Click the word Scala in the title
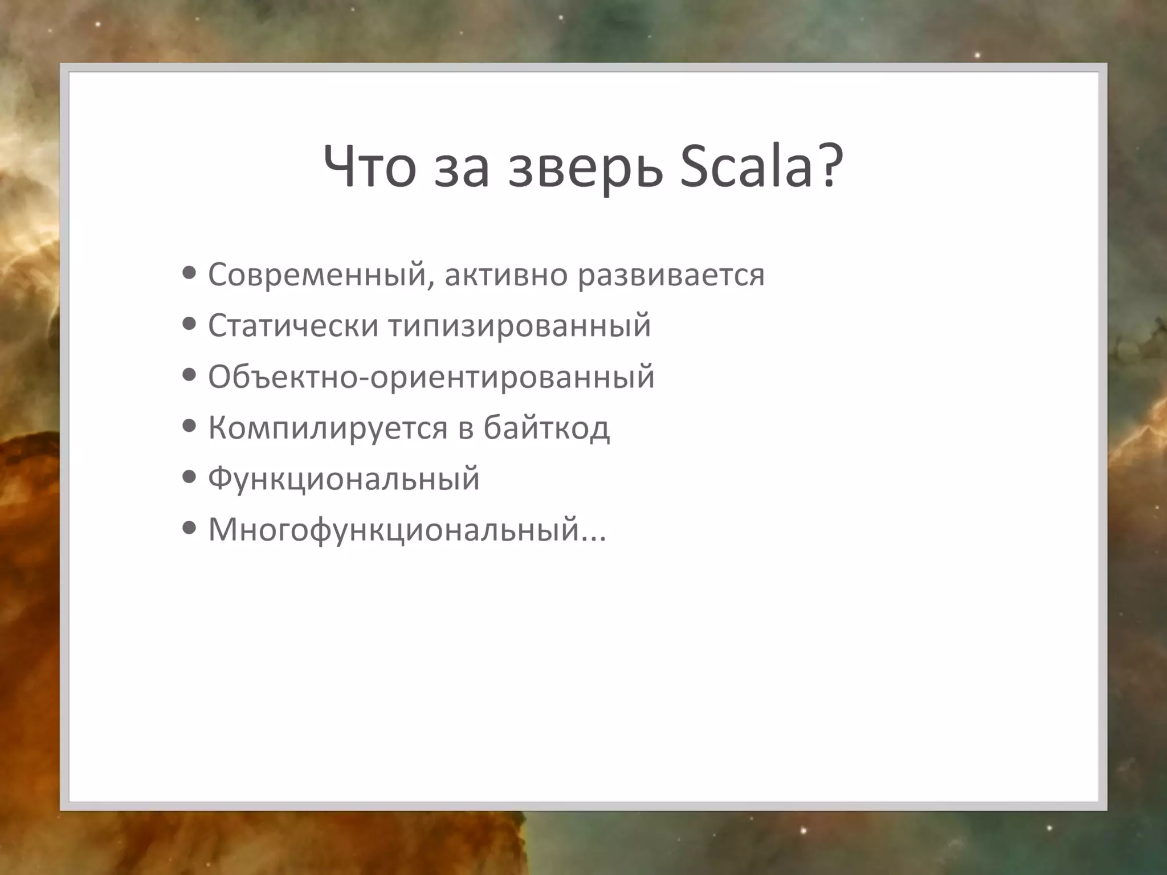[745, 166]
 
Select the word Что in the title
[369, 166]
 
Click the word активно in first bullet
[506, 275]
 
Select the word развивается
[671, 276]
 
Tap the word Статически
[293, 326]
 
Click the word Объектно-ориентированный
[431, 377]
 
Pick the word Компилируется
[328, 428]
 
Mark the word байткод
[546, 428]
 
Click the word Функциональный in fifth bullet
[344, 479]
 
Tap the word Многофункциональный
[393, 530]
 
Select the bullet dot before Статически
[189, 324]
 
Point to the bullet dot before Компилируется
[189, 426]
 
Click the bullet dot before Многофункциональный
[189, 528]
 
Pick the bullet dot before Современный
[189, 273]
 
